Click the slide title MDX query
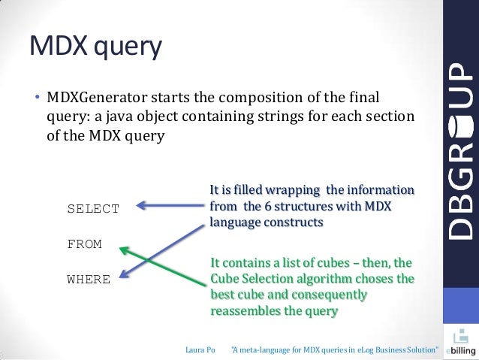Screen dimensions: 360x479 (x=95, y=47)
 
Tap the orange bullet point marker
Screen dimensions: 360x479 (x=35, y=98)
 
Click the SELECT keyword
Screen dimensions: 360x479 (x=93, y=209)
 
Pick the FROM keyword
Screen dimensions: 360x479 (x=84, y=244)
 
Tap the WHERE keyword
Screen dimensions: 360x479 (x=89, y=280)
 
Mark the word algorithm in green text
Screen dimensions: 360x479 (x=326, y=279)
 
